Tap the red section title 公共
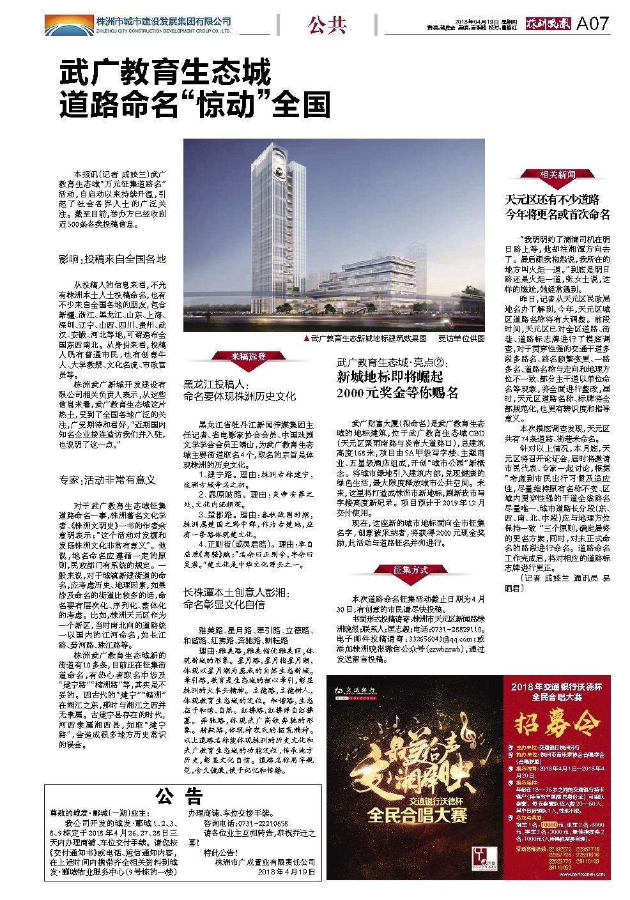327,25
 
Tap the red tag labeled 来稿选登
249,356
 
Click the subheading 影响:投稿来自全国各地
112,259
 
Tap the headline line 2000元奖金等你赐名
398,393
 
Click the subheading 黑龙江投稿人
215,384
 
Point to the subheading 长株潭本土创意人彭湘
238,593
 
